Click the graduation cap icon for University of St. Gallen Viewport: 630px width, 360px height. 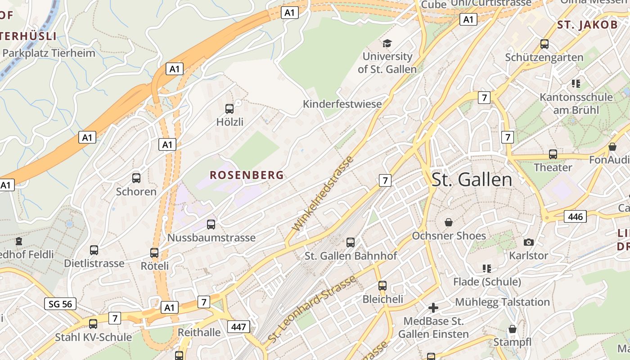click(387, 43)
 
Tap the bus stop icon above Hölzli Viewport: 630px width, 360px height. click(229, 108)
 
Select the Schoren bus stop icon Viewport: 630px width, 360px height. click(136, 178)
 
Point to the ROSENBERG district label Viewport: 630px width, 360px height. click(247, 175)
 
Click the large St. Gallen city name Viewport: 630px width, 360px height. click(472, 180)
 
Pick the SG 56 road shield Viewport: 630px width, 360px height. click(61, 304)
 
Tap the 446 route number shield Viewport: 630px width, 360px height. click(576, 216)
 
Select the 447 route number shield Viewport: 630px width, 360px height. click(238, 326)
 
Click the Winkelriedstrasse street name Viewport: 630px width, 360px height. click(323, 193)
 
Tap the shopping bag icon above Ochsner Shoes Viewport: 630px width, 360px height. click(449, 222)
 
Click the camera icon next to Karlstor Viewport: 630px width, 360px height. click(529, 242)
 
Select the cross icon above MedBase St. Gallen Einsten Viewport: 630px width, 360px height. click(433, 308)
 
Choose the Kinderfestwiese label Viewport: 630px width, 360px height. click(342, 104)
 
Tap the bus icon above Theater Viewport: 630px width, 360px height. click(553, 154)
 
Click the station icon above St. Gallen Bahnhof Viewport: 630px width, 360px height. click(351, 242)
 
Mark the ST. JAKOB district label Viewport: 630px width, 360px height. click(588, 25)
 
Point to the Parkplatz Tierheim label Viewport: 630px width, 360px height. click(49, 53)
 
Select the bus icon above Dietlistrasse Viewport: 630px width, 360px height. click(94, 250)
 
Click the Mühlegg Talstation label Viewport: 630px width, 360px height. click(503, 301)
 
